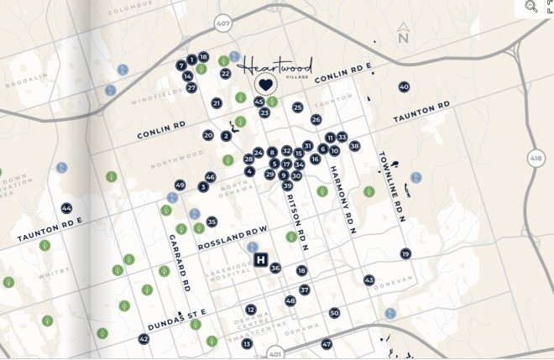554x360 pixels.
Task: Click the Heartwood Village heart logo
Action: tap(266, 85)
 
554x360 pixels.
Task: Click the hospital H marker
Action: tap(260, 260)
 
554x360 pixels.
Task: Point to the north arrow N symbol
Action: tap(403, 35)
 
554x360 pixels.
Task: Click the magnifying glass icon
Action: tap(531, 6)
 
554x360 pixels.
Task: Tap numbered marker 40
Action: tap(404, 87)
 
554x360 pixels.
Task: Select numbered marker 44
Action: tap(66, 208)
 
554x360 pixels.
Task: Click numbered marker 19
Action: tap(405, 253)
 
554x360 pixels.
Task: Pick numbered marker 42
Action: tap(144, 339)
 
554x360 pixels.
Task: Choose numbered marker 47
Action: tap(327, 344)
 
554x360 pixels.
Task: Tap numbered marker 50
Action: tap(334, 313)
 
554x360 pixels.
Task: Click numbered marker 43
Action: tap(368, 280)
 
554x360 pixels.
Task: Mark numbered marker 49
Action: tap(180, 185)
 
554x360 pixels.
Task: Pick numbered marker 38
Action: tap(354, 146)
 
